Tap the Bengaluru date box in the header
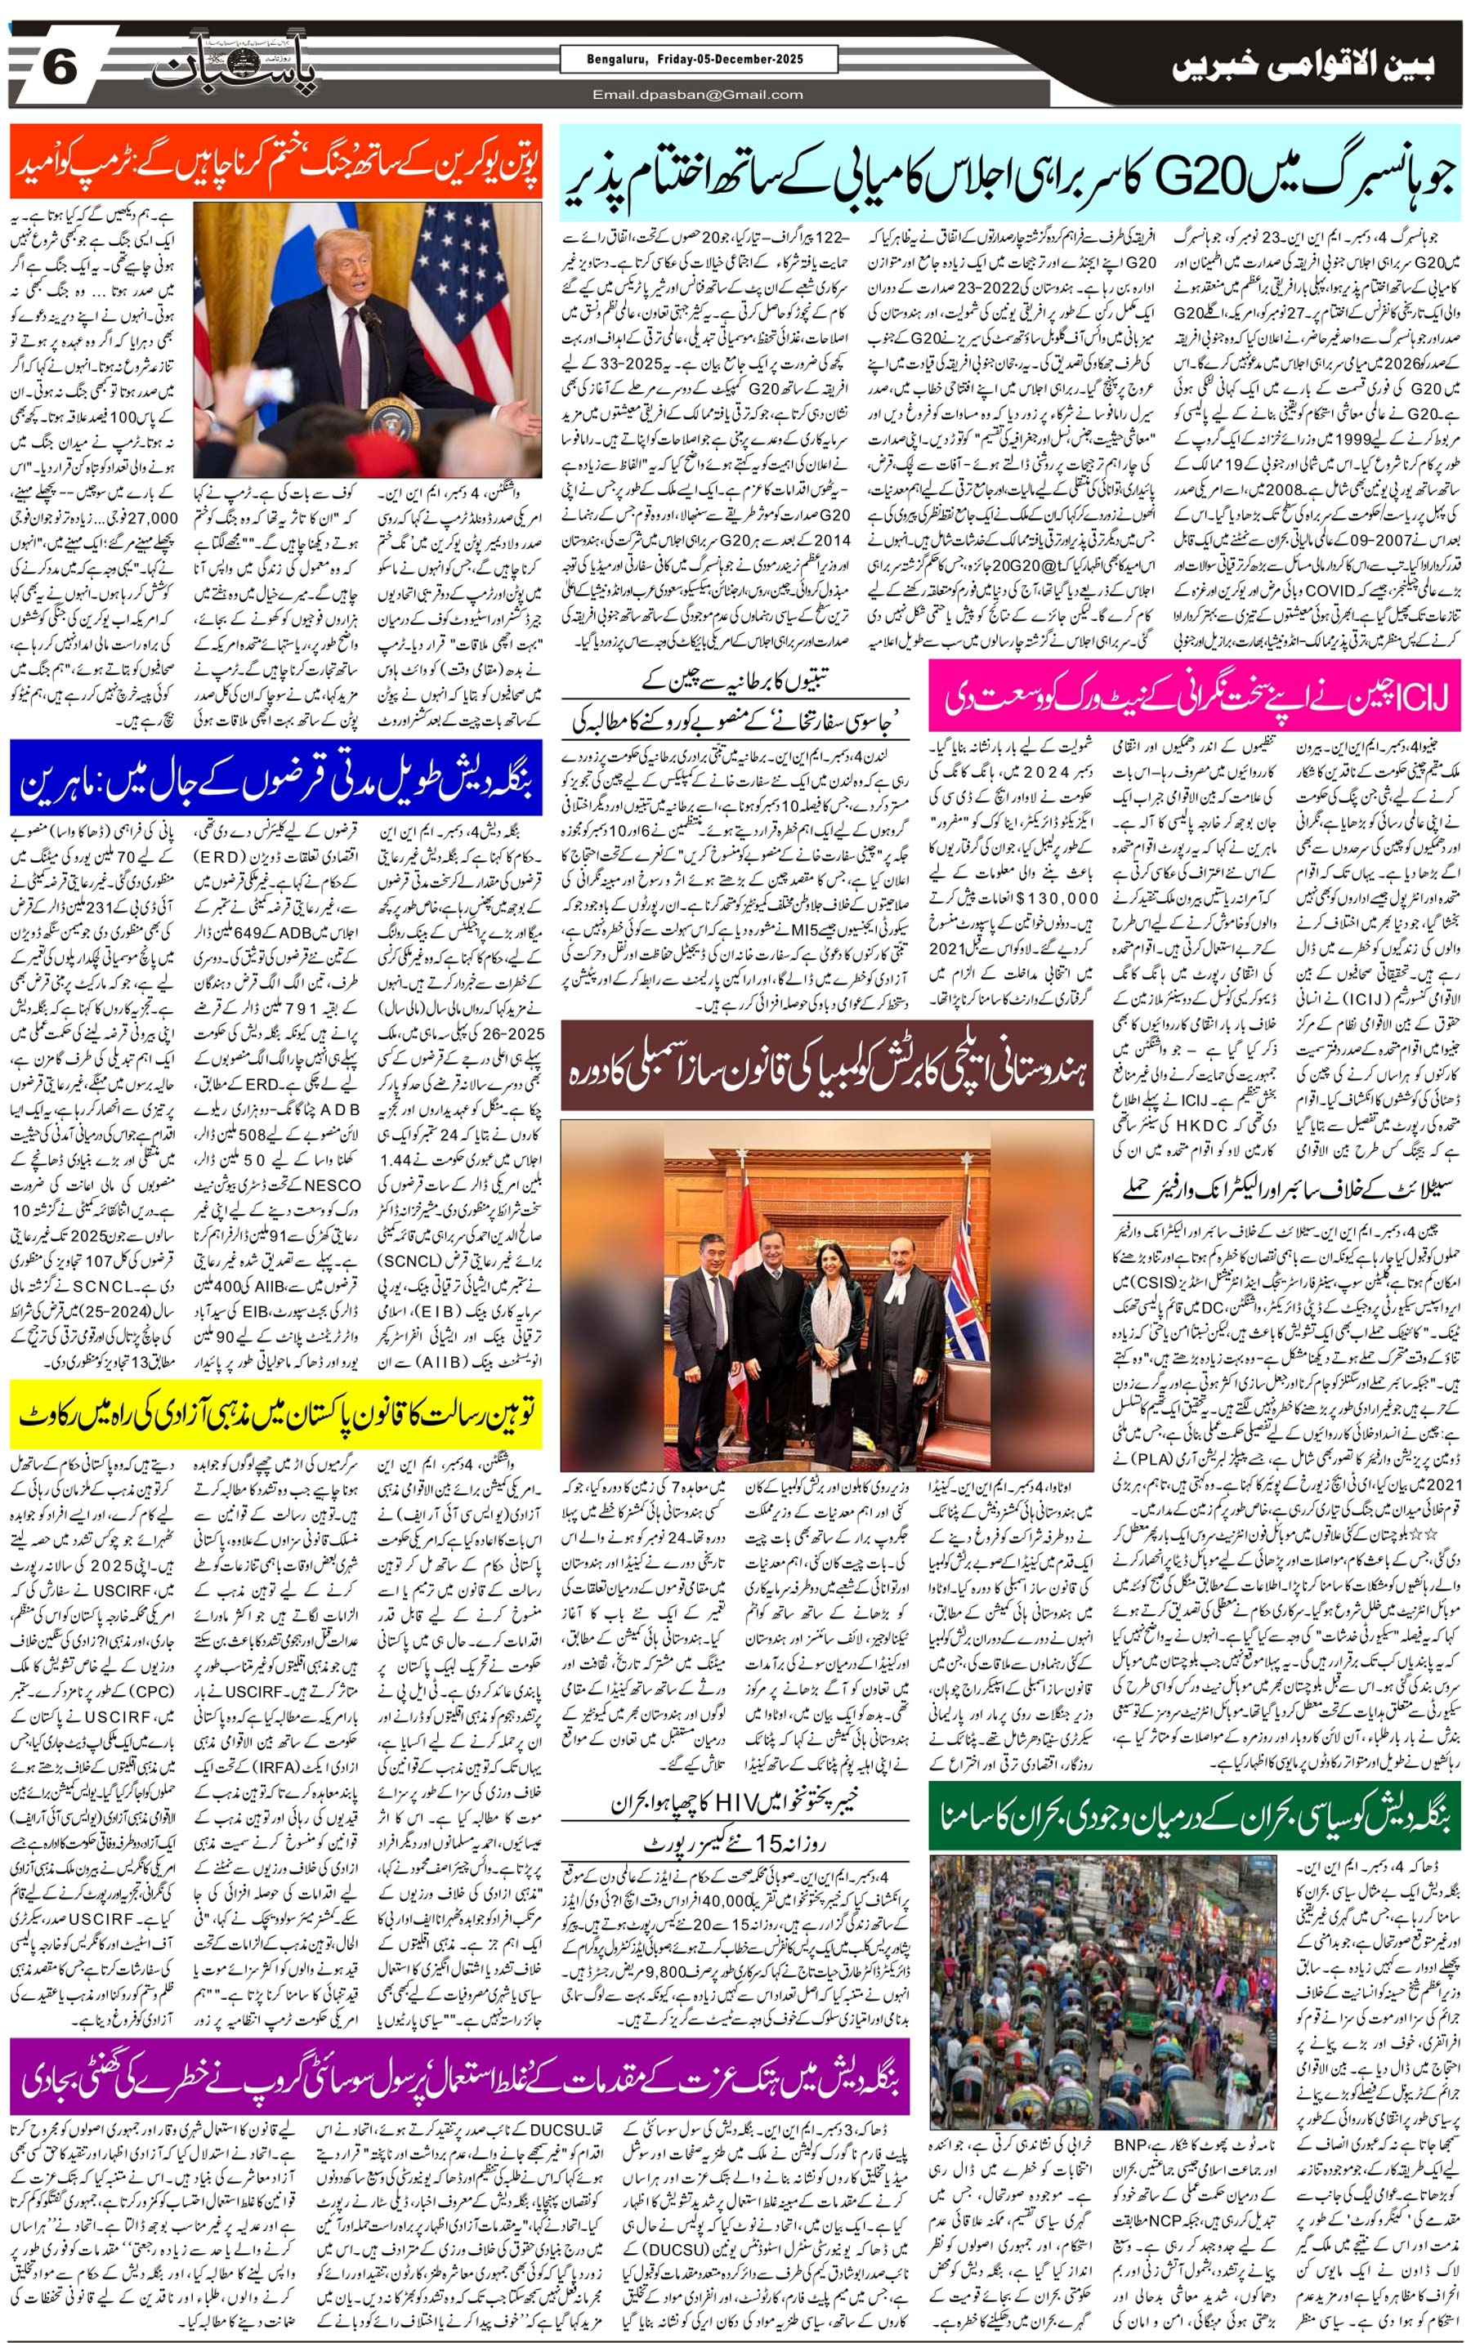696,60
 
